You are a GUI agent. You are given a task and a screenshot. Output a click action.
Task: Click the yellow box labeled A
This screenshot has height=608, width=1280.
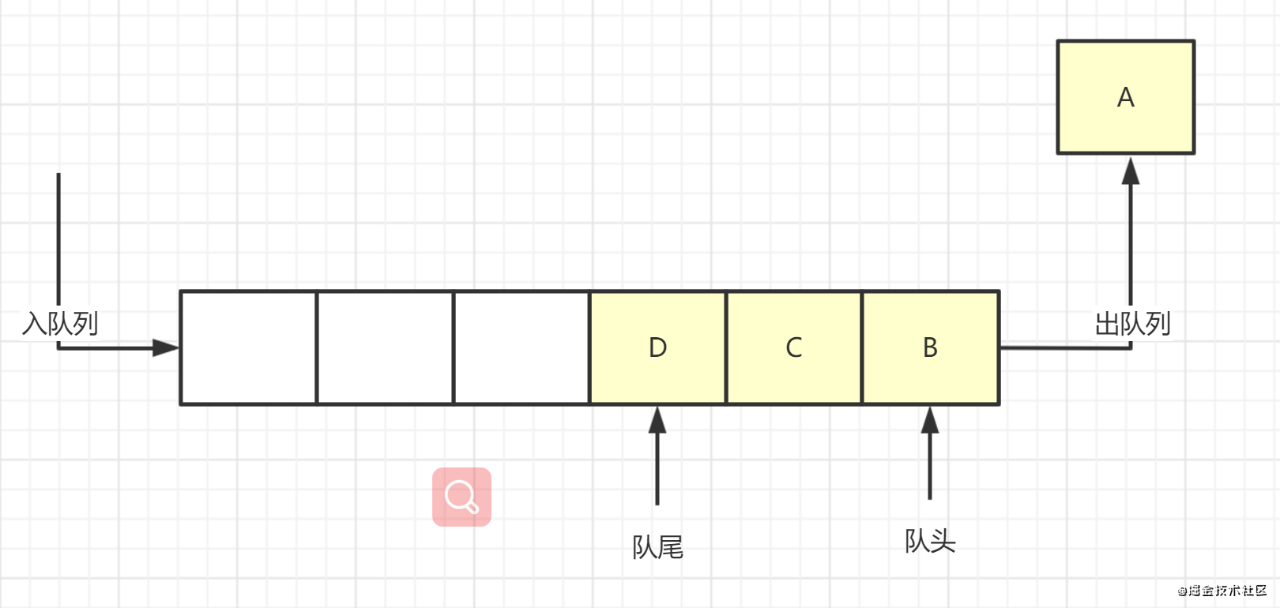pyautogui.click(x=1125, y=97)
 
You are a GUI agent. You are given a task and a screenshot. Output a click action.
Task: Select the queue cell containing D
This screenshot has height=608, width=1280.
pyautogui.click(x=657, y=347)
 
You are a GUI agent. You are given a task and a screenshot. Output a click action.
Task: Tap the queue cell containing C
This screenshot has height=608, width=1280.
pyautogui.click(x=793, y=347)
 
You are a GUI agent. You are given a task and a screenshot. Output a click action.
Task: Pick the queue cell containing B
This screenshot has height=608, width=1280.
pyautogui.click(x=930, y=347)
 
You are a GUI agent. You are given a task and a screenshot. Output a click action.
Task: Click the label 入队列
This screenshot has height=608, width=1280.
pyautogui.click(x=60, y=323)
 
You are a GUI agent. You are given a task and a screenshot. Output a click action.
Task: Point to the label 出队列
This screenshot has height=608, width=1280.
pyautogui.click(x=1131, y=323)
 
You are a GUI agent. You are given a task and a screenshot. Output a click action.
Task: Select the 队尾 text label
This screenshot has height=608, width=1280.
pyautogui.click(x=657, y=546)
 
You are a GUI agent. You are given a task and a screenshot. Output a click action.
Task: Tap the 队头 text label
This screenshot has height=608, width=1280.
pyautogui.click(x=930, y=541)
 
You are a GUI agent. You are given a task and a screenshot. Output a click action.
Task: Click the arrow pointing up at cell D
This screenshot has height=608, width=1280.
pyautogui.click(x=657, y=454)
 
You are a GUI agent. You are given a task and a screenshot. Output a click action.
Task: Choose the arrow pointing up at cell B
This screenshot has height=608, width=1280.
pyautogui.click(x=930, y=452)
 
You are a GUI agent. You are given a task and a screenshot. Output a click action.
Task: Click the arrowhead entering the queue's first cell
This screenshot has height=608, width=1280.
pyautogui.click(x=166, y=347)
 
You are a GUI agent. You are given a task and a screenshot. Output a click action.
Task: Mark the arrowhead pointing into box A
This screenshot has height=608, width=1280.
pyautogui.click(x=1131, y=171)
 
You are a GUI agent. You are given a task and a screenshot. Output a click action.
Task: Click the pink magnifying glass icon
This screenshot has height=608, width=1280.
pyautogui.click(x=461, y=497)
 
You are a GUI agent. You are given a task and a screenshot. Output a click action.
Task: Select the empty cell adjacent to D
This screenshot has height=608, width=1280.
pyautogui.click(x=521, y=347)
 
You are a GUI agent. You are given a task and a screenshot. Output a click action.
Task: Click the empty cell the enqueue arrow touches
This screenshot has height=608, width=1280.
pyautogui.click(x=248, y=347)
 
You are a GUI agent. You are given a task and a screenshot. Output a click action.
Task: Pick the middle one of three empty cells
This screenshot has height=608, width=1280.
pyautogui.click(x=385, y=347)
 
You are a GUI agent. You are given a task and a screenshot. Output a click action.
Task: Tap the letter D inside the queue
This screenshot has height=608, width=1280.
pyautogui.click(x=657, y=347)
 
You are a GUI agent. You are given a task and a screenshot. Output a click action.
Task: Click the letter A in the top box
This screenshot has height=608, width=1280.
pyautogui.click(x=1125, y=97)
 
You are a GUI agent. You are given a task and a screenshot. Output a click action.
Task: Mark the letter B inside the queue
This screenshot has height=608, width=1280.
pyautogui.click(x=930, y=347)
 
